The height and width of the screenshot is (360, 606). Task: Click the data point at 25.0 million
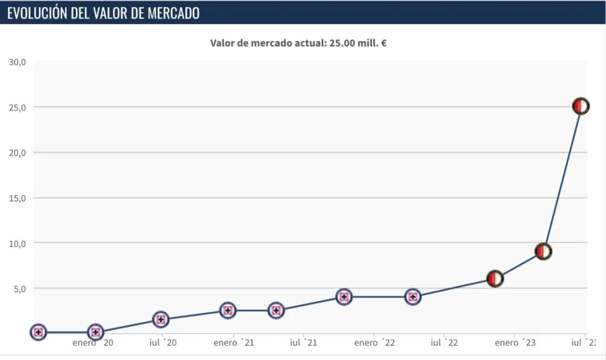581,106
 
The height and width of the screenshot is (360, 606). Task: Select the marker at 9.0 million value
543,251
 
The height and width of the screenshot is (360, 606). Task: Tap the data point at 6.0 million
495,278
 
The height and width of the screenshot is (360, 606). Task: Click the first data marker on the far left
38,332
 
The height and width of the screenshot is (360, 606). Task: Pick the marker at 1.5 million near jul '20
160,319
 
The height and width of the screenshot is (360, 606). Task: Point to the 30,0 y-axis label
17,62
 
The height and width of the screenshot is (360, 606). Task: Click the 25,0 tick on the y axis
17,107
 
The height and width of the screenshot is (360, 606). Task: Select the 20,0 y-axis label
17,152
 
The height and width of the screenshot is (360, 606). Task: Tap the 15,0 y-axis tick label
17,198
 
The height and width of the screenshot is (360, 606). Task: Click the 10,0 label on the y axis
17,243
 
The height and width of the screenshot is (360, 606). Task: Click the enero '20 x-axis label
92,343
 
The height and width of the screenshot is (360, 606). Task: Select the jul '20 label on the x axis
163,343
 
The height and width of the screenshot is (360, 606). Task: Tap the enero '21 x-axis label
233,343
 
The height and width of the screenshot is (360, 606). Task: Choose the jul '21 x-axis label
303,343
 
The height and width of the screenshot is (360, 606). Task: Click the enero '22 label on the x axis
374,343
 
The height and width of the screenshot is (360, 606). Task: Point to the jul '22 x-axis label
444,343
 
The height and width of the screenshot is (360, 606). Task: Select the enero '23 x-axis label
515,343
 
